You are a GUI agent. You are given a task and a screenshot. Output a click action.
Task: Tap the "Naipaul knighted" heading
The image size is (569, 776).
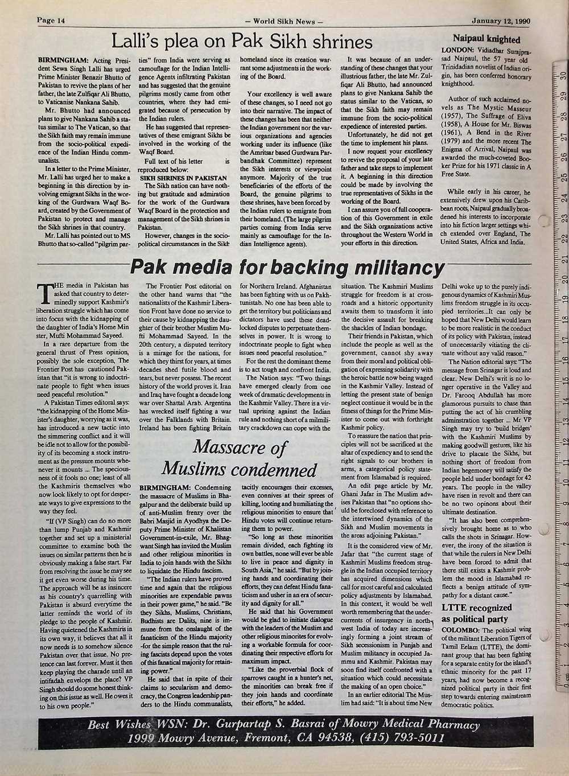(486, 39)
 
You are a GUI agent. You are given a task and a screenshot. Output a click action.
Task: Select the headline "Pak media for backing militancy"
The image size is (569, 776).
(287, 266)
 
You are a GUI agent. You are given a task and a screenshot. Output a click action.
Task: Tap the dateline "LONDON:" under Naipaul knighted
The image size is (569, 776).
(460, 50)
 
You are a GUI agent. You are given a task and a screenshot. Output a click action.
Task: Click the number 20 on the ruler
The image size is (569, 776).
(562, 280)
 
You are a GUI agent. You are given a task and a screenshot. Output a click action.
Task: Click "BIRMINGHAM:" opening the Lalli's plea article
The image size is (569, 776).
(62, 59)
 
